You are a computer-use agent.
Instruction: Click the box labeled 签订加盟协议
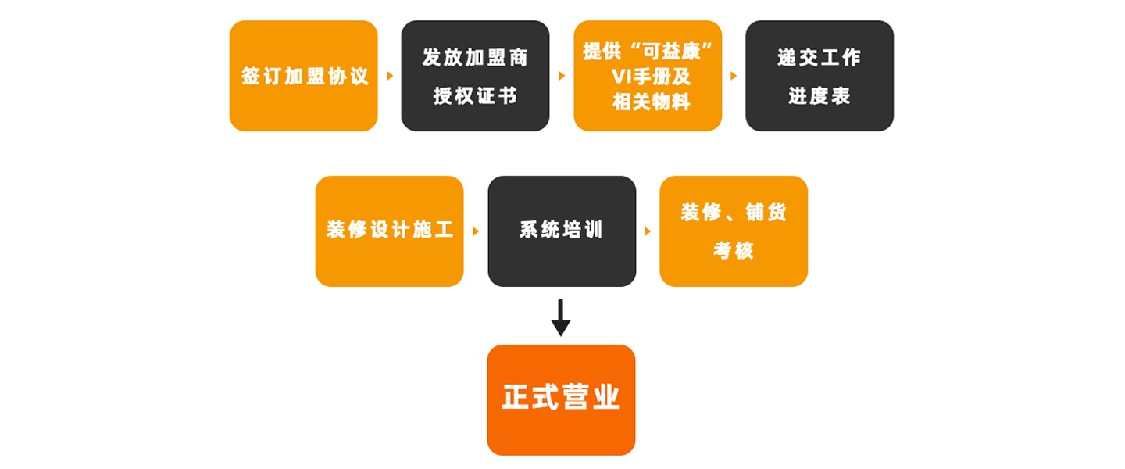pyautogui.click(x=303, y=76)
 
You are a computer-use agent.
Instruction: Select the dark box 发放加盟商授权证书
pyautogui.click(x=475, y=76)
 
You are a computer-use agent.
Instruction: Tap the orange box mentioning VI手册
pyautogui.click(x=648, y=76)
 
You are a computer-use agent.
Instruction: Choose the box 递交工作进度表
pyautogui.click(x=819, y=76)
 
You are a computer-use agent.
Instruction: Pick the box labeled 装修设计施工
pyautogui.click(x=389, y=231)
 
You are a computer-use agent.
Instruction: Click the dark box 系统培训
pyautogui.click(x=562, y=231)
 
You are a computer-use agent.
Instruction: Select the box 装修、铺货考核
pyautogui.click(x=734, y=231)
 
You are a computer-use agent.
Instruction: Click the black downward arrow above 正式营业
pyautogui.click(x=561, y=317)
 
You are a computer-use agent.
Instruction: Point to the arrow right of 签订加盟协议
pyautogui.click(x=390, y=77)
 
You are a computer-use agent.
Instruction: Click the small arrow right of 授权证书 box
pyautogui.click(x=562, y=77)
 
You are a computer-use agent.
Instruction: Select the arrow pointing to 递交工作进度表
pyautogui.click(x=734, y=77)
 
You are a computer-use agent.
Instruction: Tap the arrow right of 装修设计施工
pyautogui.click(x=476, y=231)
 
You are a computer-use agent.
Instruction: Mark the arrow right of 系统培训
pyautogui.click(x=648, y=231)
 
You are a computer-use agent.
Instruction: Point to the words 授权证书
pyautogui.click(x=475, y=96)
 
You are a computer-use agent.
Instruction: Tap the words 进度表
pyautogui.click(x=819, y=96)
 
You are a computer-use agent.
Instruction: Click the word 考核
pyautogui.click(x=733, y=251)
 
